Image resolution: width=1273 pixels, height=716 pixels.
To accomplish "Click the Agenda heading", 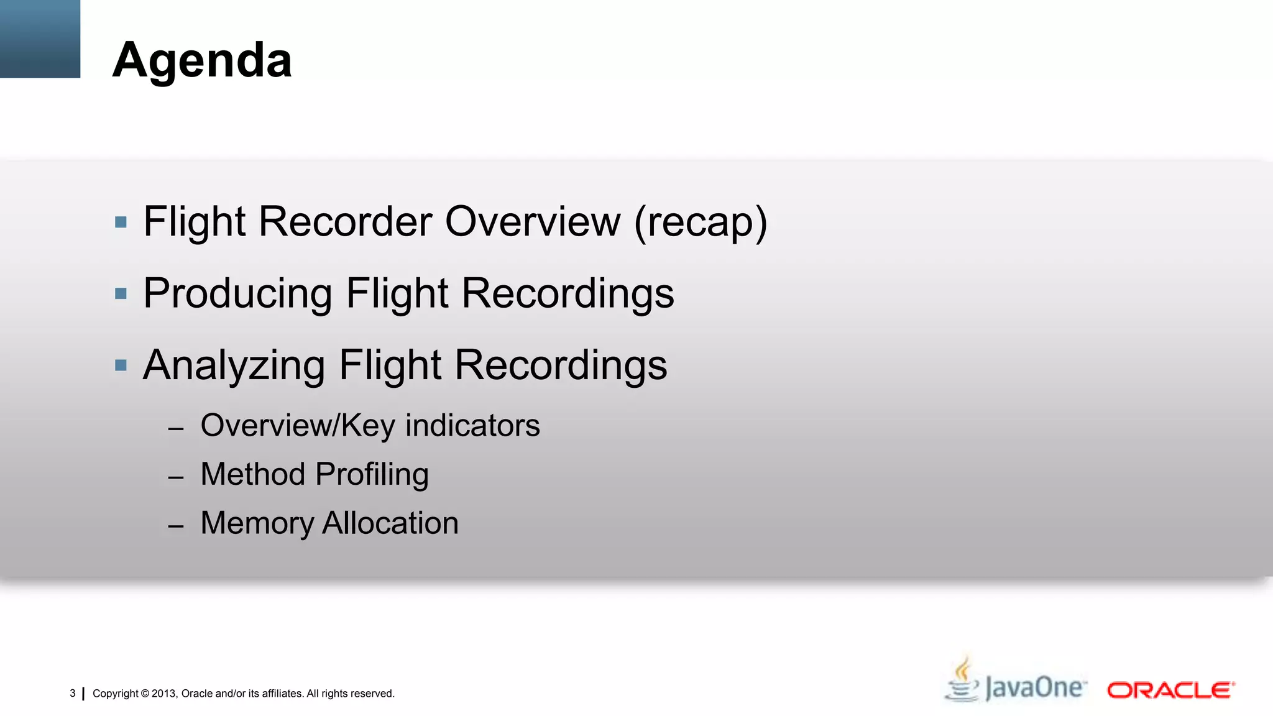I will pos(202,61).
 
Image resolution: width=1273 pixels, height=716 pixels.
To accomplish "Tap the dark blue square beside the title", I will pos(40,39).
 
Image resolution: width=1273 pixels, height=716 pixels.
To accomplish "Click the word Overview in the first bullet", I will pos(533,221).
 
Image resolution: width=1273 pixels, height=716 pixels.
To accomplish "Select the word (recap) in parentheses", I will pos(701,223).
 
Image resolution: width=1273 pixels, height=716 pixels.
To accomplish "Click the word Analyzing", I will pos(234,365).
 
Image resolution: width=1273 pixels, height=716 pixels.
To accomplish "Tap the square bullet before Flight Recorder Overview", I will pos(121,222).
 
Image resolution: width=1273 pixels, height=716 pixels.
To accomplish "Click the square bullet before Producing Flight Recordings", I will pos(121,293).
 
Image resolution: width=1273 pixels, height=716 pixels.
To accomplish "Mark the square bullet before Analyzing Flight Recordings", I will pos(121,365).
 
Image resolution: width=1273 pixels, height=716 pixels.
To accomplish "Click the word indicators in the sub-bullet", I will pos(472,426).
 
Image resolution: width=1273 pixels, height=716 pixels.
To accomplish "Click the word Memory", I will pos(257,523).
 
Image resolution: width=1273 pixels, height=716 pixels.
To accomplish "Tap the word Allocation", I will pos(390,523).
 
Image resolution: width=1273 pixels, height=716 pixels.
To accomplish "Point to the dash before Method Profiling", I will pos(176,477).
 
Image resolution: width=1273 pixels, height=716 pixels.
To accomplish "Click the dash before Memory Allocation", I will pos(176,526).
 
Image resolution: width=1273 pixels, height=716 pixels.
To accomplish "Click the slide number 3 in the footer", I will pos(73,693).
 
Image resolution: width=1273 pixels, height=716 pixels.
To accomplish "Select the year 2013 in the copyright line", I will pos(164,694).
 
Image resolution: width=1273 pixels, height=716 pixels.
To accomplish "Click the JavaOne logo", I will pos(1016,682).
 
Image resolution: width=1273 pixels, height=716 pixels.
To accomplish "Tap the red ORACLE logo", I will pos(1170,691).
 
